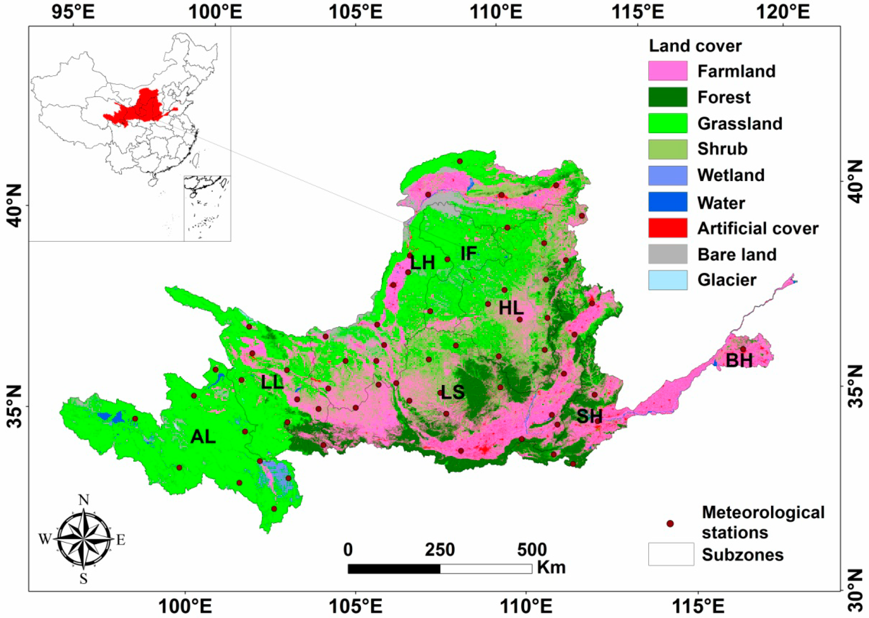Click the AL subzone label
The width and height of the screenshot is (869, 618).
click(x=203, y=437)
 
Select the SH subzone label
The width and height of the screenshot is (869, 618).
click(x=589, y=416)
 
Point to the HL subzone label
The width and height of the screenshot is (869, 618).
click(x=511, y=308)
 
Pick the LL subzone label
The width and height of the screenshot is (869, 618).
click(x=272, y=383)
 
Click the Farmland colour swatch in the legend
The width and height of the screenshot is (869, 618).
click(x=668, y=71)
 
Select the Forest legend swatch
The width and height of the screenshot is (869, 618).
click(x=668, y=97)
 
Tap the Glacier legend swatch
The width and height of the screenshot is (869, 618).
click(x=668, y=280)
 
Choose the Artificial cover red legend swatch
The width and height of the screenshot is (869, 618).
click(x=668, y=228)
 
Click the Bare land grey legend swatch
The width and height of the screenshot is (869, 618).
click(x=668, y=254)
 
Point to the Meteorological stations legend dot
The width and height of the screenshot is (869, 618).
click(x=670, y=524)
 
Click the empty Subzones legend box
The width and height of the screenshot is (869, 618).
click(x=671, y=554)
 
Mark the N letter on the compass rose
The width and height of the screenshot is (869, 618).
click(x=84, y=500)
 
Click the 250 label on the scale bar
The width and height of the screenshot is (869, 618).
click(x=440, y=550)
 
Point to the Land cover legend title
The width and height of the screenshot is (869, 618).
click(x=695, y=46)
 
